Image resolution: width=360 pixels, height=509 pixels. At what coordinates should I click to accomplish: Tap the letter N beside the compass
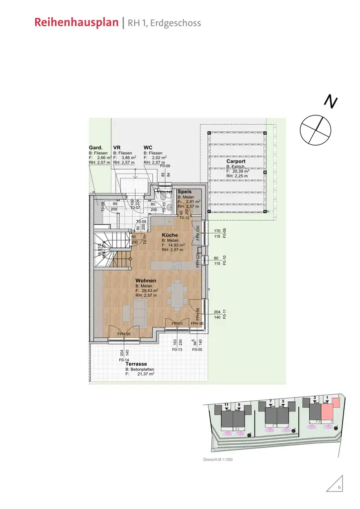coord(331,101)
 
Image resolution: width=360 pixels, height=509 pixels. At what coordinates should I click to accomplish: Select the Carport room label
coord(236,162)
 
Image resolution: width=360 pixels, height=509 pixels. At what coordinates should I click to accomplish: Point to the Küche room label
coord(170,235)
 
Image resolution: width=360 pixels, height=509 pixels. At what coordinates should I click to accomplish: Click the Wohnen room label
coord(146,281)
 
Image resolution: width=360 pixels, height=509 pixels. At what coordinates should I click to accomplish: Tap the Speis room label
coord(184,191)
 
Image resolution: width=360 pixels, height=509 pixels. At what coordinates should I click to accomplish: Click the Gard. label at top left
coord(95,148)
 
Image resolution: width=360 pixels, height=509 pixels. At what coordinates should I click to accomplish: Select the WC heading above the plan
coord(148,148)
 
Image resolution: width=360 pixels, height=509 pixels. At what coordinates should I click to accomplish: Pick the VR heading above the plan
coord(117,148)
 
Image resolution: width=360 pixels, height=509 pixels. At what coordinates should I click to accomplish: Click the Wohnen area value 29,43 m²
coord(149,291)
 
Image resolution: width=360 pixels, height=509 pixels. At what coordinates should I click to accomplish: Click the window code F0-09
coord(224,234)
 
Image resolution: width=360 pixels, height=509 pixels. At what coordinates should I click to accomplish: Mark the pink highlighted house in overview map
coord(328,411)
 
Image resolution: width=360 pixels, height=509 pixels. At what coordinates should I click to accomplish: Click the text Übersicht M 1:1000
coord(217,460)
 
